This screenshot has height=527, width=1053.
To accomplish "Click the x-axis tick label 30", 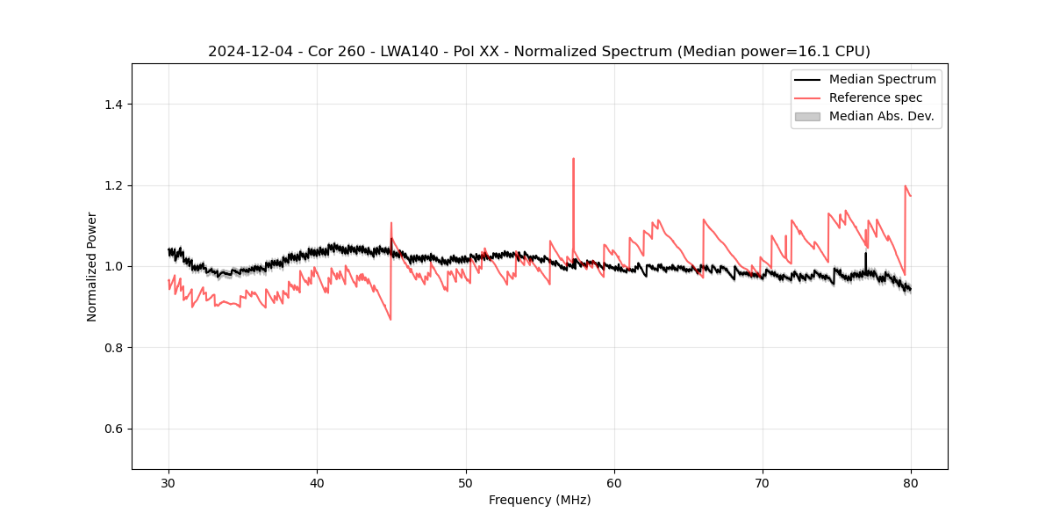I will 168,483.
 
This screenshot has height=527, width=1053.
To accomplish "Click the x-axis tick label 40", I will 317,483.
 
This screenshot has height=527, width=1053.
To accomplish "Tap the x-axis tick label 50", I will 466,483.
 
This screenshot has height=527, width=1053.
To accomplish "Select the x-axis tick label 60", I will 614,483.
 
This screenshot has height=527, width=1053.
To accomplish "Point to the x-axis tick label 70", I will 763,483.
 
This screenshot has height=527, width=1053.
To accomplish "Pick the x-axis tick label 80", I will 911,483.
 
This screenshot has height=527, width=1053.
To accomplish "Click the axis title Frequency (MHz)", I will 540,501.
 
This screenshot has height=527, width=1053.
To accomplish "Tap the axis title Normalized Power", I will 92,266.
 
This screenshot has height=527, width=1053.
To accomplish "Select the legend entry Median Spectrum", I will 882,79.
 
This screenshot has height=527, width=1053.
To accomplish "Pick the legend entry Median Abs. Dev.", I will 881,116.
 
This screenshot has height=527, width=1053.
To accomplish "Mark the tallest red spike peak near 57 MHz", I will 573,159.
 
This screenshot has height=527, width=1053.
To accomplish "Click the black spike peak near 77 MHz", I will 865,253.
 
